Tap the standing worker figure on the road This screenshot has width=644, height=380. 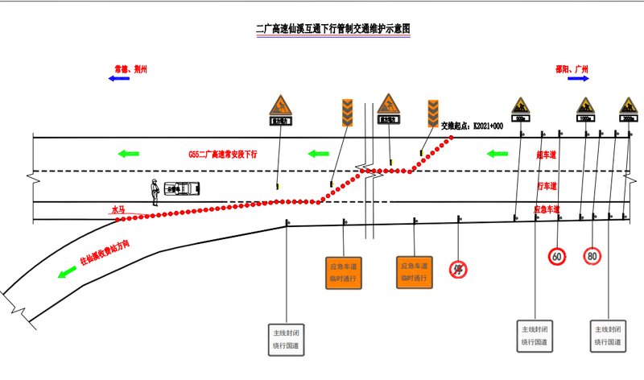click(153, 192)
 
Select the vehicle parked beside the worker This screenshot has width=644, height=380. click(183, 188)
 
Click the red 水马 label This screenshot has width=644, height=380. click(118, 209)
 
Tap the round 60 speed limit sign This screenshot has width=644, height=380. click(557, 256)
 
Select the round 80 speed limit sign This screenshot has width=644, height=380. click(592, 256)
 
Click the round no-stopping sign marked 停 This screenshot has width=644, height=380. click(459, 269)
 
